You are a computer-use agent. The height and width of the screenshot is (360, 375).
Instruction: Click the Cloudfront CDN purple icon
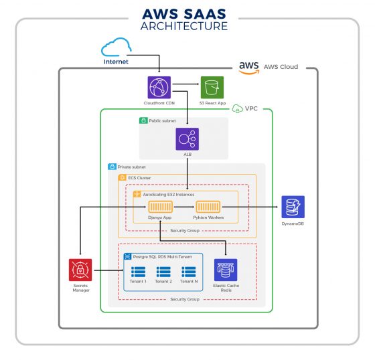tap(159, 88)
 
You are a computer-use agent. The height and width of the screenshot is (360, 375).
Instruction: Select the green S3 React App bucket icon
tap(212, 88)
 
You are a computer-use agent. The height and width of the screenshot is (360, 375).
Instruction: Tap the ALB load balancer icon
tap(187, 139)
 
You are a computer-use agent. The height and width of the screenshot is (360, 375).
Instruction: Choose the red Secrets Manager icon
tap(80, 270)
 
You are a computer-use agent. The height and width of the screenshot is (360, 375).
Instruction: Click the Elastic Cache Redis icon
tap(226, 270)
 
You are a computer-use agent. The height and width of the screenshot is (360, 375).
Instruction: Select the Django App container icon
tap(159, 207)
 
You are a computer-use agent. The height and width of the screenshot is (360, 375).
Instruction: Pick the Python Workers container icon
tap(207, 207)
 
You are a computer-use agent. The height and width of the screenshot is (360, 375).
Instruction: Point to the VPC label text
tap(251, 108)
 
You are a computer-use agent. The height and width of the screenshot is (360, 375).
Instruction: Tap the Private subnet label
tap(131, 167)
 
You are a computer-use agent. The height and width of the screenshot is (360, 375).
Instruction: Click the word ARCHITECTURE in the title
tap(183, 27)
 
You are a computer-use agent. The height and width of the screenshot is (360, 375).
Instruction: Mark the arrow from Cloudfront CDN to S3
tap(187, 87)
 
